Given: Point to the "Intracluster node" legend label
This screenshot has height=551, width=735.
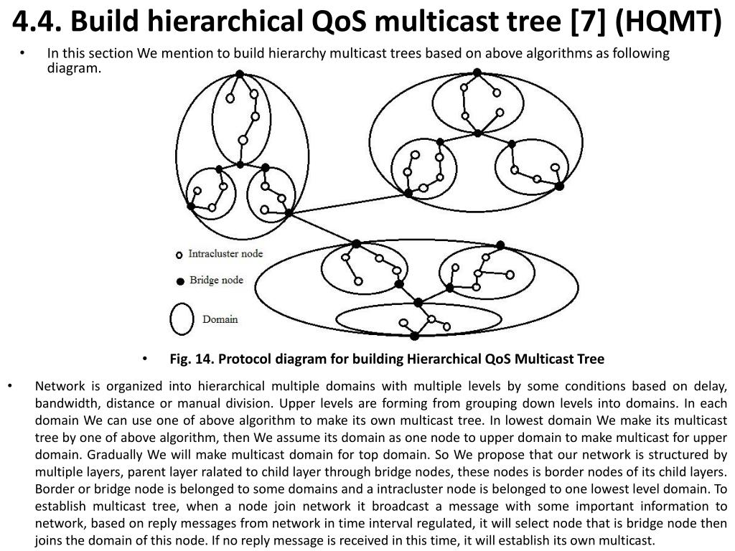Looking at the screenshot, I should click(225, 254).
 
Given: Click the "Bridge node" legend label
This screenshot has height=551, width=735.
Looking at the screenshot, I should click(216, 281).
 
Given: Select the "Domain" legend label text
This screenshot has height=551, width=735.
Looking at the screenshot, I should click(220, 319).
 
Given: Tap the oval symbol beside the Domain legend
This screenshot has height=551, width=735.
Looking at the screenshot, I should click(181, 318).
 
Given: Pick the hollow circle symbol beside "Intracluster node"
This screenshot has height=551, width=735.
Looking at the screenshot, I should click(179, 255).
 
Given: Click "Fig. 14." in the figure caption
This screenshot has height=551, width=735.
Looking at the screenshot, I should click(191, 359).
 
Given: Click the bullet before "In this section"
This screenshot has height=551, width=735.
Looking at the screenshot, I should click(24, 54).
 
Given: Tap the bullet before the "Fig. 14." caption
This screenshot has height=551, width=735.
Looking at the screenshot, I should click(145, 358).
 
